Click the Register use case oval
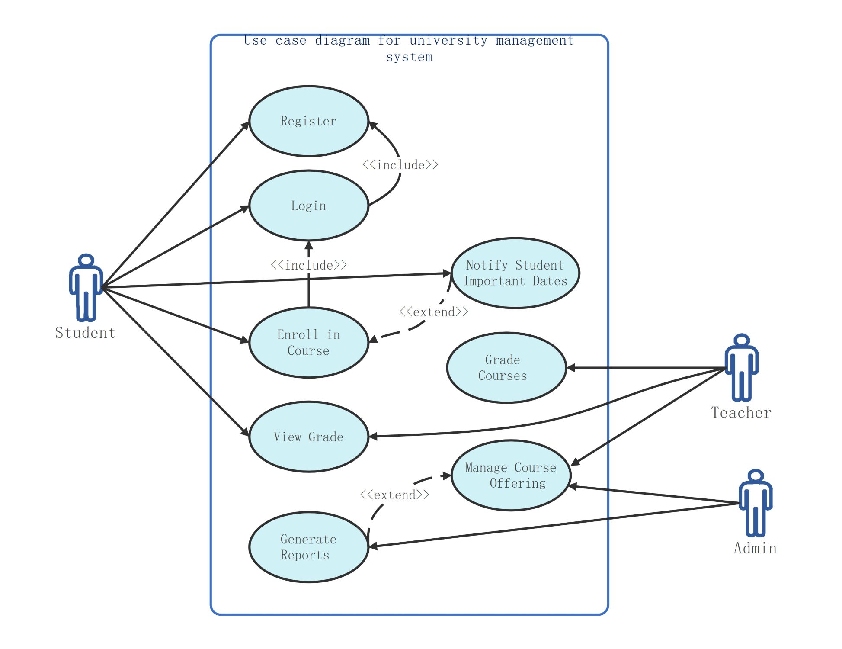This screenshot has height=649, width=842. click(309, 121)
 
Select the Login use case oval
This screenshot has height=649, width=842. click(309, 206)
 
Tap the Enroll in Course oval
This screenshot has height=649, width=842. click(309, 343)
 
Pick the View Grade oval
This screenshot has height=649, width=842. click(309, 437)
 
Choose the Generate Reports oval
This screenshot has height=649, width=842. click(309, 547)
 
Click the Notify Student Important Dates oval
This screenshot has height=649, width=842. click(515, 273)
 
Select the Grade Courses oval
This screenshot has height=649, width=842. click(506, 368)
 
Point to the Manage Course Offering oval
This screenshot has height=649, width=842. click(511, 476)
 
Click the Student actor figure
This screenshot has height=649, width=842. click(86, 288)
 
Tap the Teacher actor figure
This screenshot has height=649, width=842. click(742, 367)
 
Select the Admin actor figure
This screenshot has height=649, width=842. click(756, 503)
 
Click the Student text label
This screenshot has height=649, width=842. click(85, 333)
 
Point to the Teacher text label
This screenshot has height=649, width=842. click(741, 413)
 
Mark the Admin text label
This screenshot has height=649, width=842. click(755, 548)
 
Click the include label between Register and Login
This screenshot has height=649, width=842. click(400, 165)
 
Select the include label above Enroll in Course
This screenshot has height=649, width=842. click(308, 265)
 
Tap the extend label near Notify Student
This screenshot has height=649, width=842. click(433, 312)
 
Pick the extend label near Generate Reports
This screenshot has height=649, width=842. click(394, 495)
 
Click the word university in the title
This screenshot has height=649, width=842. click(448, 40)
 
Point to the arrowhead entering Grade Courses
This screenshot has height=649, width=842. click(571, 368)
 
